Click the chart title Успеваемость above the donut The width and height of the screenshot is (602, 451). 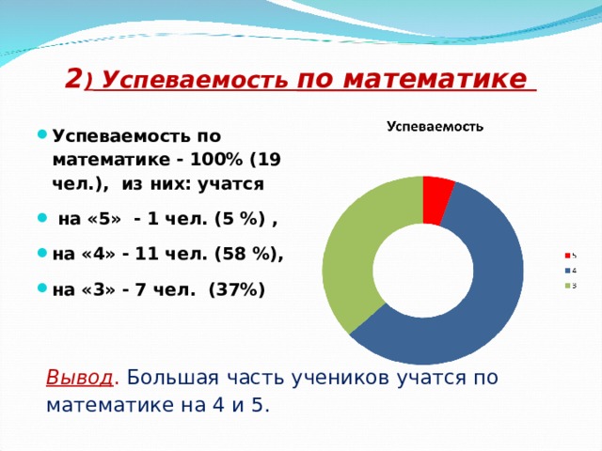[436, 126]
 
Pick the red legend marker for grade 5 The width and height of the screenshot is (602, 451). [568, 255]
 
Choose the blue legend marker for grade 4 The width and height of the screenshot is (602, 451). [568, 270]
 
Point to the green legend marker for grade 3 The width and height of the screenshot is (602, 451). [568, 285]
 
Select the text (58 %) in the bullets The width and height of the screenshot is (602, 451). [246, 255]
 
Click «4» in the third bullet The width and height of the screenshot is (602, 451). [98, 255]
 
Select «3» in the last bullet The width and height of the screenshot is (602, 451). [98, 289]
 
